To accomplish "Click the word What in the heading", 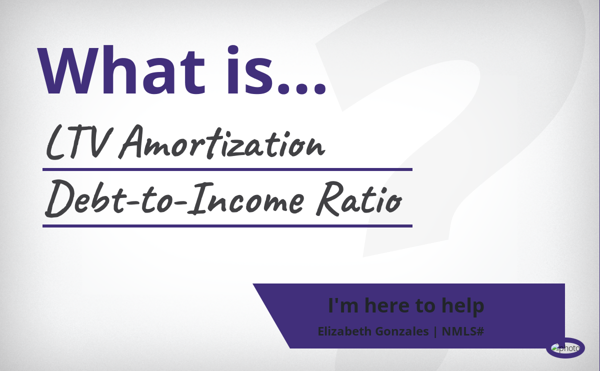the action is [x=121, y=70].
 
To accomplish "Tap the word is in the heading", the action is [x=250, y=69].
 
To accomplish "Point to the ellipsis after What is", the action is [x=302, y=88].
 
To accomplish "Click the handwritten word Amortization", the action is [x=222, y=142].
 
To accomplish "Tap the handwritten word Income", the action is [x=246, y=199].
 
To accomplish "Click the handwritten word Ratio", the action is [x=359, y=198].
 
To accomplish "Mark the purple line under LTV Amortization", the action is [x=227, y=169].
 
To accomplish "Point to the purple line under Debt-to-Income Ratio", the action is [x=227, y=226].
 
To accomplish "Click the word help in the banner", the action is [x=463, y=305].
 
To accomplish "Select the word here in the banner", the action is [x=387, y=305].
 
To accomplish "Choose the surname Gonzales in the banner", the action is [x=402, y=331].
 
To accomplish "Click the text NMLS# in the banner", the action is [x=463, y=331].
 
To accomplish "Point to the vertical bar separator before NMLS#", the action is [x=435, y=331].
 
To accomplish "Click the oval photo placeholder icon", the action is [x=565, y=348].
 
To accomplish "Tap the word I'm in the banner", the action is [x=343, y=305].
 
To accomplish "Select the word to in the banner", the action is [x=425, y=306].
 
